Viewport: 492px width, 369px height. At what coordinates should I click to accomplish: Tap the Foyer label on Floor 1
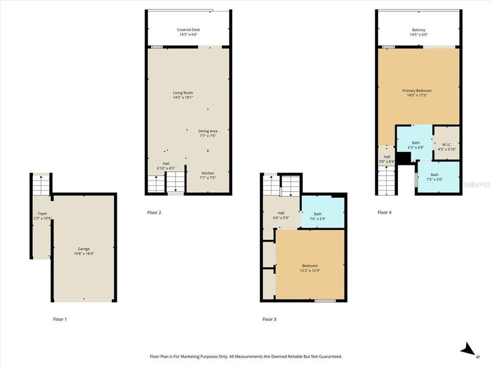coord(42,213)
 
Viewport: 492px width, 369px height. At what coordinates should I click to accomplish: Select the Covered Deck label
coord(189,30)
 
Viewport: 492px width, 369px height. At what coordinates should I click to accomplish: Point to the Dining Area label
coord(208,131)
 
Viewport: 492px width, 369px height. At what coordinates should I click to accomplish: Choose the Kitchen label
coord(208,173)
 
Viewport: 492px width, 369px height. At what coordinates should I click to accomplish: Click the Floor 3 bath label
coord(318,214)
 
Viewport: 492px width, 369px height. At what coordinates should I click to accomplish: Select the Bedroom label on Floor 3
coord(310,265)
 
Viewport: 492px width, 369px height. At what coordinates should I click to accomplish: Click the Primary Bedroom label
coord(416,91)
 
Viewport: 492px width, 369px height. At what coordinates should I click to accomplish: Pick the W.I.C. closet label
coord(446,144)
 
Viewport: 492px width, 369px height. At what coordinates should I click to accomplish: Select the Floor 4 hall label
coord(387,157)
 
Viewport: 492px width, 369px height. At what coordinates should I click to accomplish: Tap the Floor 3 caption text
coord(269,319)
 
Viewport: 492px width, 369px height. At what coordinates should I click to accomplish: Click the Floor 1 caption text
coord(60,319)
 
